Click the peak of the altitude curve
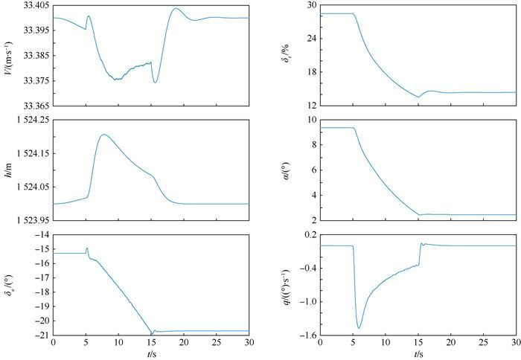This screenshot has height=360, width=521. coord(103,135)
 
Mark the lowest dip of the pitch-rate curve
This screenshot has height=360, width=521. coord(359,328)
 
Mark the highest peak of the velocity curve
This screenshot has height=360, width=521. coord(175,9)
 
